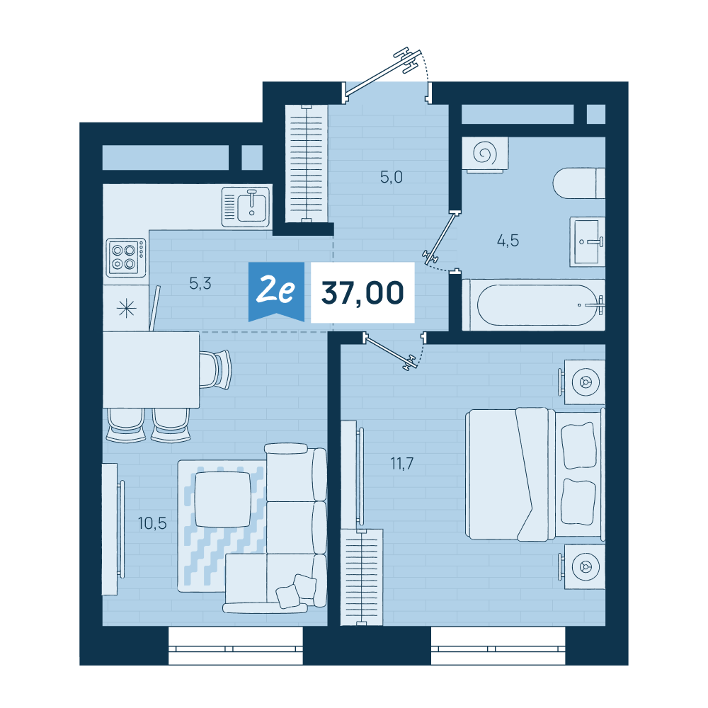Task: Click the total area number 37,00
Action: (362, 293)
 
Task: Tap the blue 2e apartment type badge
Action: (276, 291)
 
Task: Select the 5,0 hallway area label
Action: (391, 177)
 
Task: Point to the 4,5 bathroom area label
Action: (508, 241)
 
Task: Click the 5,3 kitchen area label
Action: (200, 284)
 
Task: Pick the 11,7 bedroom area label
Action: (402, 463)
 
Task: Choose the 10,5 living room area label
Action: (152, 523)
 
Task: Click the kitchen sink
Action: (246, 207)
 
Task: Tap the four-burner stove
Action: (126, 258)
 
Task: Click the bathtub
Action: (534, 304)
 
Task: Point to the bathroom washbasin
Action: (587, 241)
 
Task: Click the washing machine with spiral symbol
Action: (485, 154)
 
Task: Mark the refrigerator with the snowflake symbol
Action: (126, 309)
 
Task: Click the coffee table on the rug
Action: (222, 499)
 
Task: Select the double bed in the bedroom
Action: (535, 474)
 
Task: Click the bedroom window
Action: (498, 646)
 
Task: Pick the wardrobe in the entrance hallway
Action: (306, 164)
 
